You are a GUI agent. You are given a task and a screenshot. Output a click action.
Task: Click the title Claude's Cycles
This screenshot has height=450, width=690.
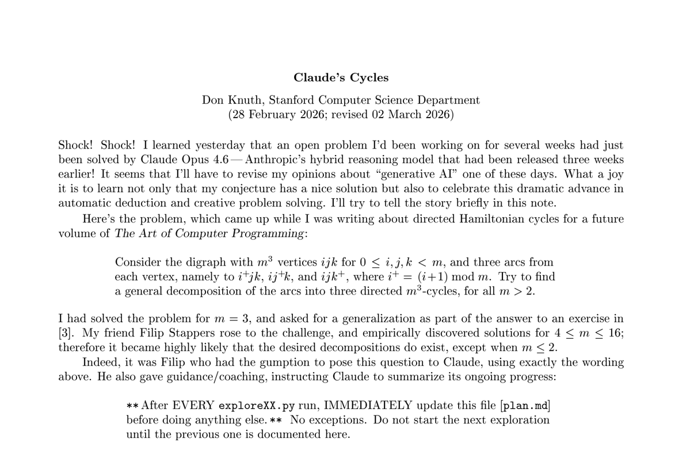341,77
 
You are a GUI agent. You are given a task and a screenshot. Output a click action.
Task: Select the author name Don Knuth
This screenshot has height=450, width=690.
230,100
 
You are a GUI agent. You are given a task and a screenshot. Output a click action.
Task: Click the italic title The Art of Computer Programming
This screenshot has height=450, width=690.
209,233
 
